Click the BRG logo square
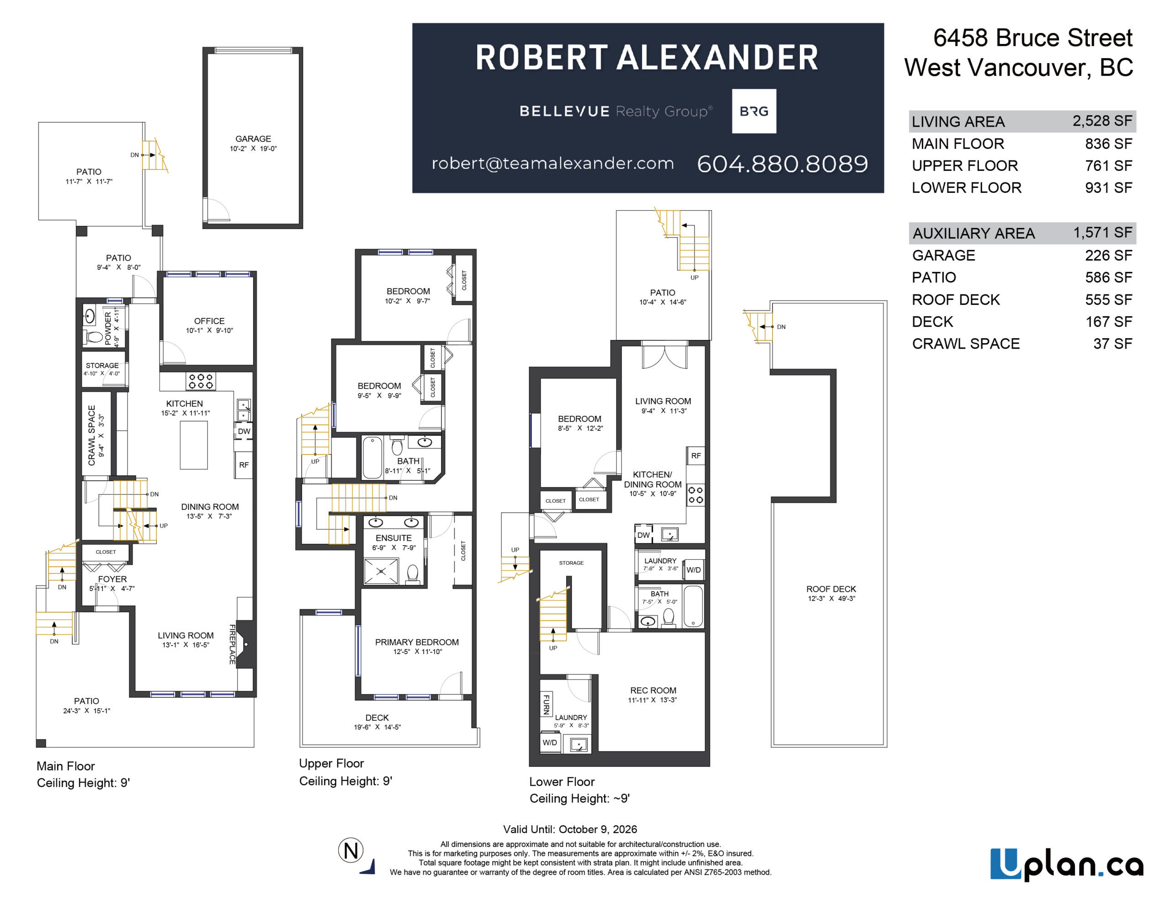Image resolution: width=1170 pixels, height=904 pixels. pyautogui.click(x=754, y=111)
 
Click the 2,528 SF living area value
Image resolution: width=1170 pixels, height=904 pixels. pyautogui.click(x=1102, y=121)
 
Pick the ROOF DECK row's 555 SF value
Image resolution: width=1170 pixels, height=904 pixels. pyautogui.click(x=1108, y=299)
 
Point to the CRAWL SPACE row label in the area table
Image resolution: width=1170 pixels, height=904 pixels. pyautogui.click(x=966, y=344)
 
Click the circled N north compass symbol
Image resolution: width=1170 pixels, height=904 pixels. pyautogui.click(x=351, y=851)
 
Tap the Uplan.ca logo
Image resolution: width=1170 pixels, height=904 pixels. pyautogui.click(x=1066, y=864)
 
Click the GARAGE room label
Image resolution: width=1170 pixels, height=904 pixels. pyautogui.click(x=253, y=139)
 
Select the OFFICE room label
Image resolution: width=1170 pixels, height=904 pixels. pyautogui.click(x=209, y=321)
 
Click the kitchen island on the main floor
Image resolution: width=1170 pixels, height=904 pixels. pyautogui.click(x=194, y=445)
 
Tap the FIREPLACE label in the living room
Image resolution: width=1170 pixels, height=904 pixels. pyautogui.click(x=233, y=644)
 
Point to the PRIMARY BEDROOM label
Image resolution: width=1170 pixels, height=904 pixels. pyautogui.click(x=417, y=642)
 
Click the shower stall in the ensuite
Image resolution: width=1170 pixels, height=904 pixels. pyautogui.click(x=381, y=571)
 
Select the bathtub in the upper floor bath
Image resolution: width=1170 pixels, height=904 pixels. pyautogui.click(x=372, y=457)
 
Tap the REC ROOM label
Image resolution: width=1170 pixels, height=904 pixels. pyautogui.click(x=653, y=690)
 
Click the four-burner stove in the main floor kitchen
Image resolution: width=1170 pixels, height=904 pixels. pyautogui.click(x=201, y=381)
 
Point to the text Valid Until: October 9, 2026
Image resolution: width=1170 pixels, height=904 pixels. pyautogui.click(x=570, y=829)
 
